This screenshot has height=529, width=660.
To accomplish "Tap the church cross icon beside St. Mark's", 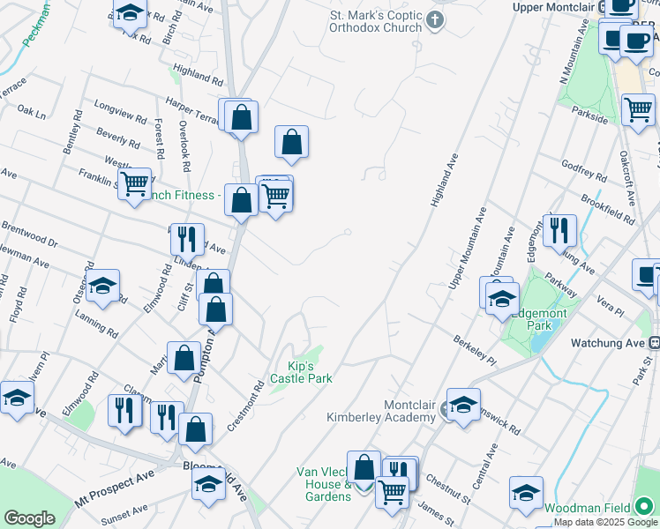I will pos(434,20).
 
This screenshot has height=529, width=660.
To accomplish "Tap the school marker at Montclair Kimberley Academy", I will pos(463,404).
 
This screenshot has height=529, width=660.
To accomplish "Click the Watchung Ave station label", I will pos(610,342).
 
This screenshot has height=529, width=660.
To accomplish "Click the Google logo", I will pos(29,518).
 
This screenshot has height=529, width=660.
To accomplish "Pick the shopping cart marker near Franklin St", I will pos(134,184).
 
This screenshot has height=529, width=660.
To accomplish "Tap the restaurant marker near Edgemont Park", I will pos(559,230).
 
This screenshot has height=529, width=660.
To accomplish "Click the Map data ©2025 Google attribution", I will pos(605,523).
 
